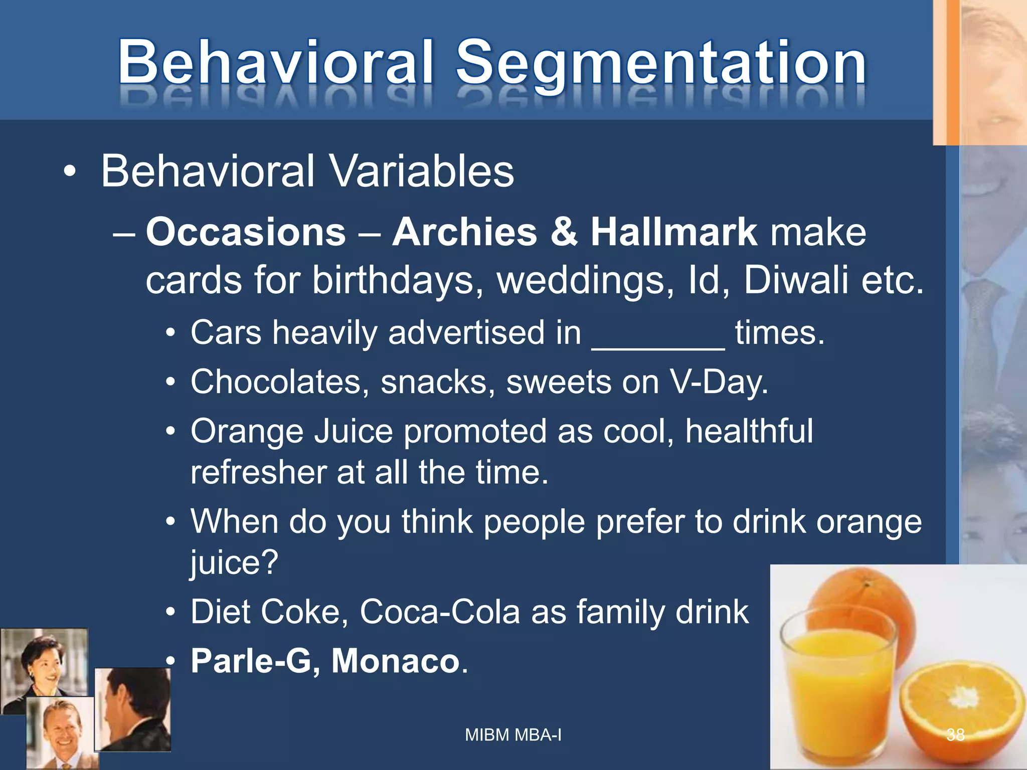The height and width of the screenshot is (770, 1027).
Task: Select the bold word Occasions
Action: (246, 233)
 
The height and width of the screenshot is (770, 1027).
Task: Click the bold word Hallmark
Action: (673, 233)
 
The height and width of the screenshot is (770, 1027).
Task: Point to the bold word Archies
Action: (464, 233)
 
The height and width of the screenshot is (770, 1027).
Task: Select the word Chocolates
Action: (276, 382)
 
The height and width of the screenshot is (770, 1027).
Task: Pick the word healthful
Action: (749, 431)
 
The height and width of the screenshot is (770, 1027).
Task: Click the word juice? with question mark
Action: (234, 562)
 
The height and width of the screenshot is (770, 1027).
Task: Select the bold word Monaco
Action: (396, 661)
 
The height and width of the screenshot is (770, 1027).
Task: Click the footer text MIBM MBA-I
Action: (513, 735)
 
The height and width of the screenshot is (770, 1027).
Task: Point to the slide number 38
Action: (955, 735)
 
